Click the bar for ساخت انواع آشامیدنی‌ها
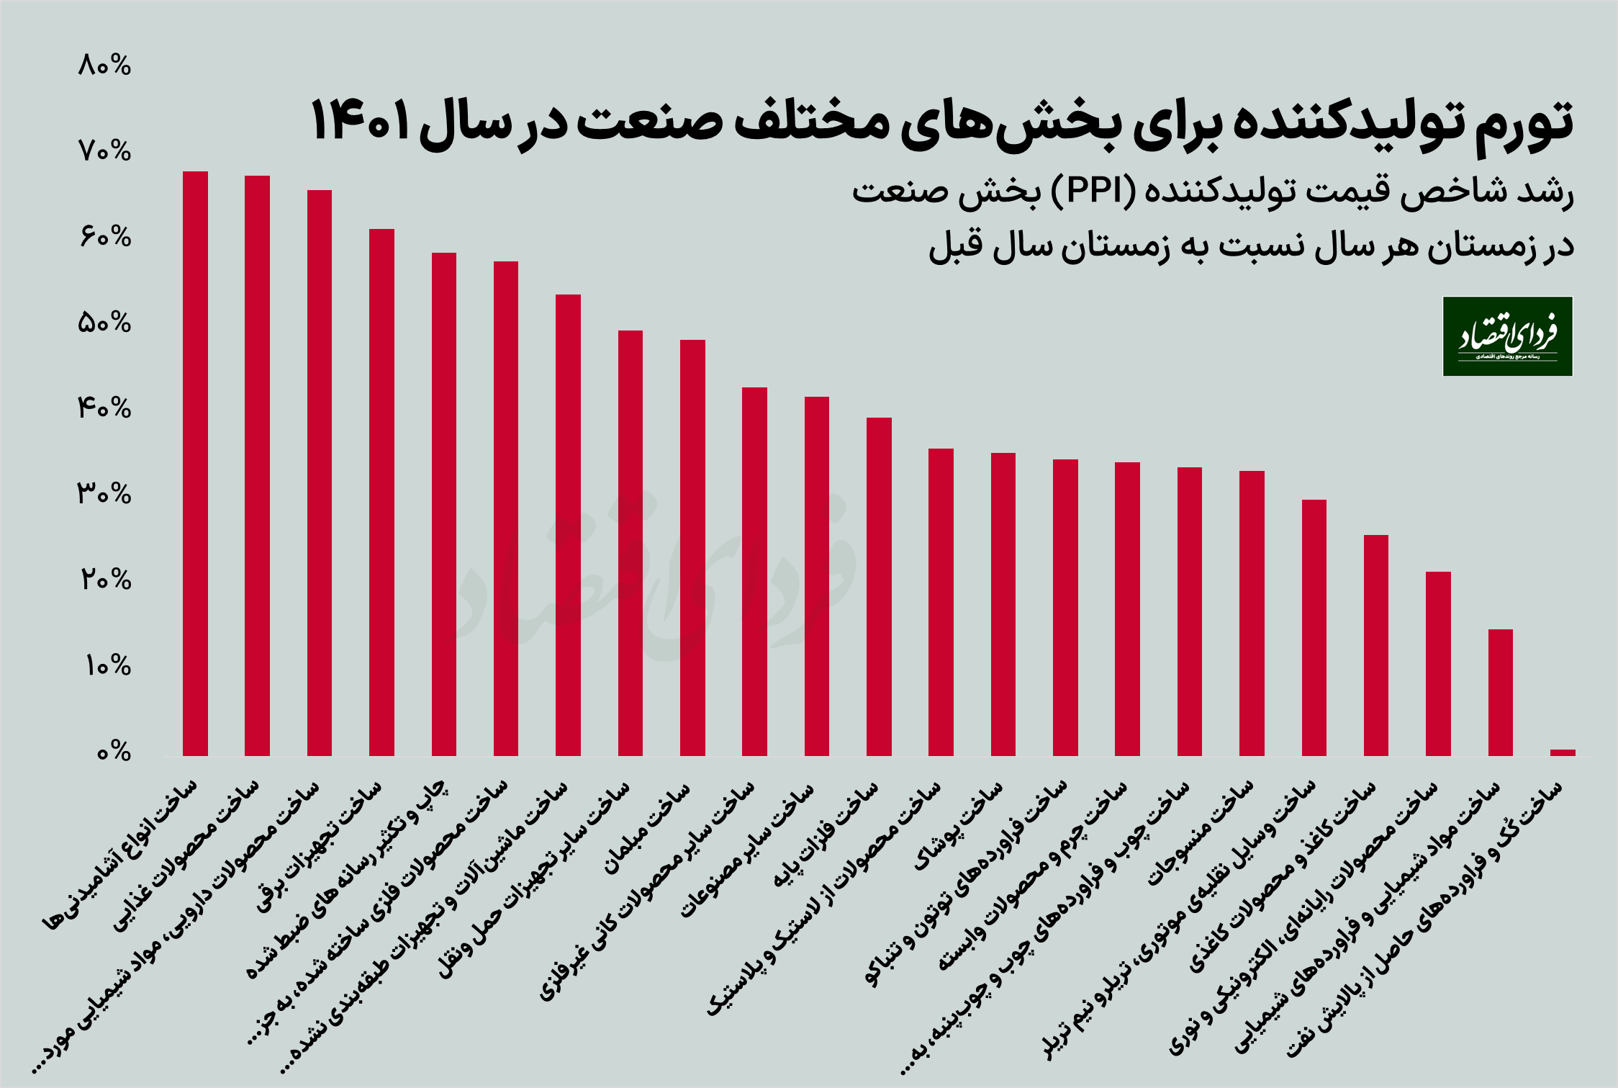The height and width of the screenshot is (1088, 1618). click(x=195, y=464)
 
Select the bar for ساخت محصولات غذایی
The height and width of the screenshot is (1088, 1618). click(x=257, y=466)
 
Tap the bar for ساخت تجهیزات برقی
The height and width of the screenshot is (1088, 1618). click(x=381, y=493)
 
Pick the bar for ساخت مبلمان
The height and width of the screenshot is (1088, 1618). click(x=692, y=548)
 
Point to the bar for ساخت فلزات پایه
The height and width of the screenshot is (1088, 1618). click(x=879, y=587)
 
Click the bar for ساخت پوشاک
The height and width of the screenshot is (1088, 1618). click(x=1003, y=604)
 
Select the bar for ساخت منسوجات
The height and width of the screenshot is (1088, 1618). click(x=1252, y=613)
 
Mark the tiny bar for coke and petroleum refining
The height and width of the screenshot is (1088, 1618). click(x=1563, y=752)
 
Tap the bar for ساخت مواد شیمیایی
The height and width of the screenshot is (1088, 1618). click(x=1500, y=693)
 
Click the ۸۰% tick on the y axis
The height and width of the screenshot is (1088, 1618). click(x=105, y=66)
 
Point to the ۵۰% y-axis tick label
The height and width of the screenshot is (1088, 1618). click(x=105, y=323)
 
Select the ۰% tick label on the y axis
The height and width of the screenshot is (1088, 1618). click(x=114, y=752)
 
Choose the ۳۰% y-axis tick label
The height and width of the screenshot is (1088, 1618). click(x=105, y=495)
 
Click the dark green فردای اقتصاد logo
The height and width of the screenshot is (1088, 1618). click(x=1507, y=336)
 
